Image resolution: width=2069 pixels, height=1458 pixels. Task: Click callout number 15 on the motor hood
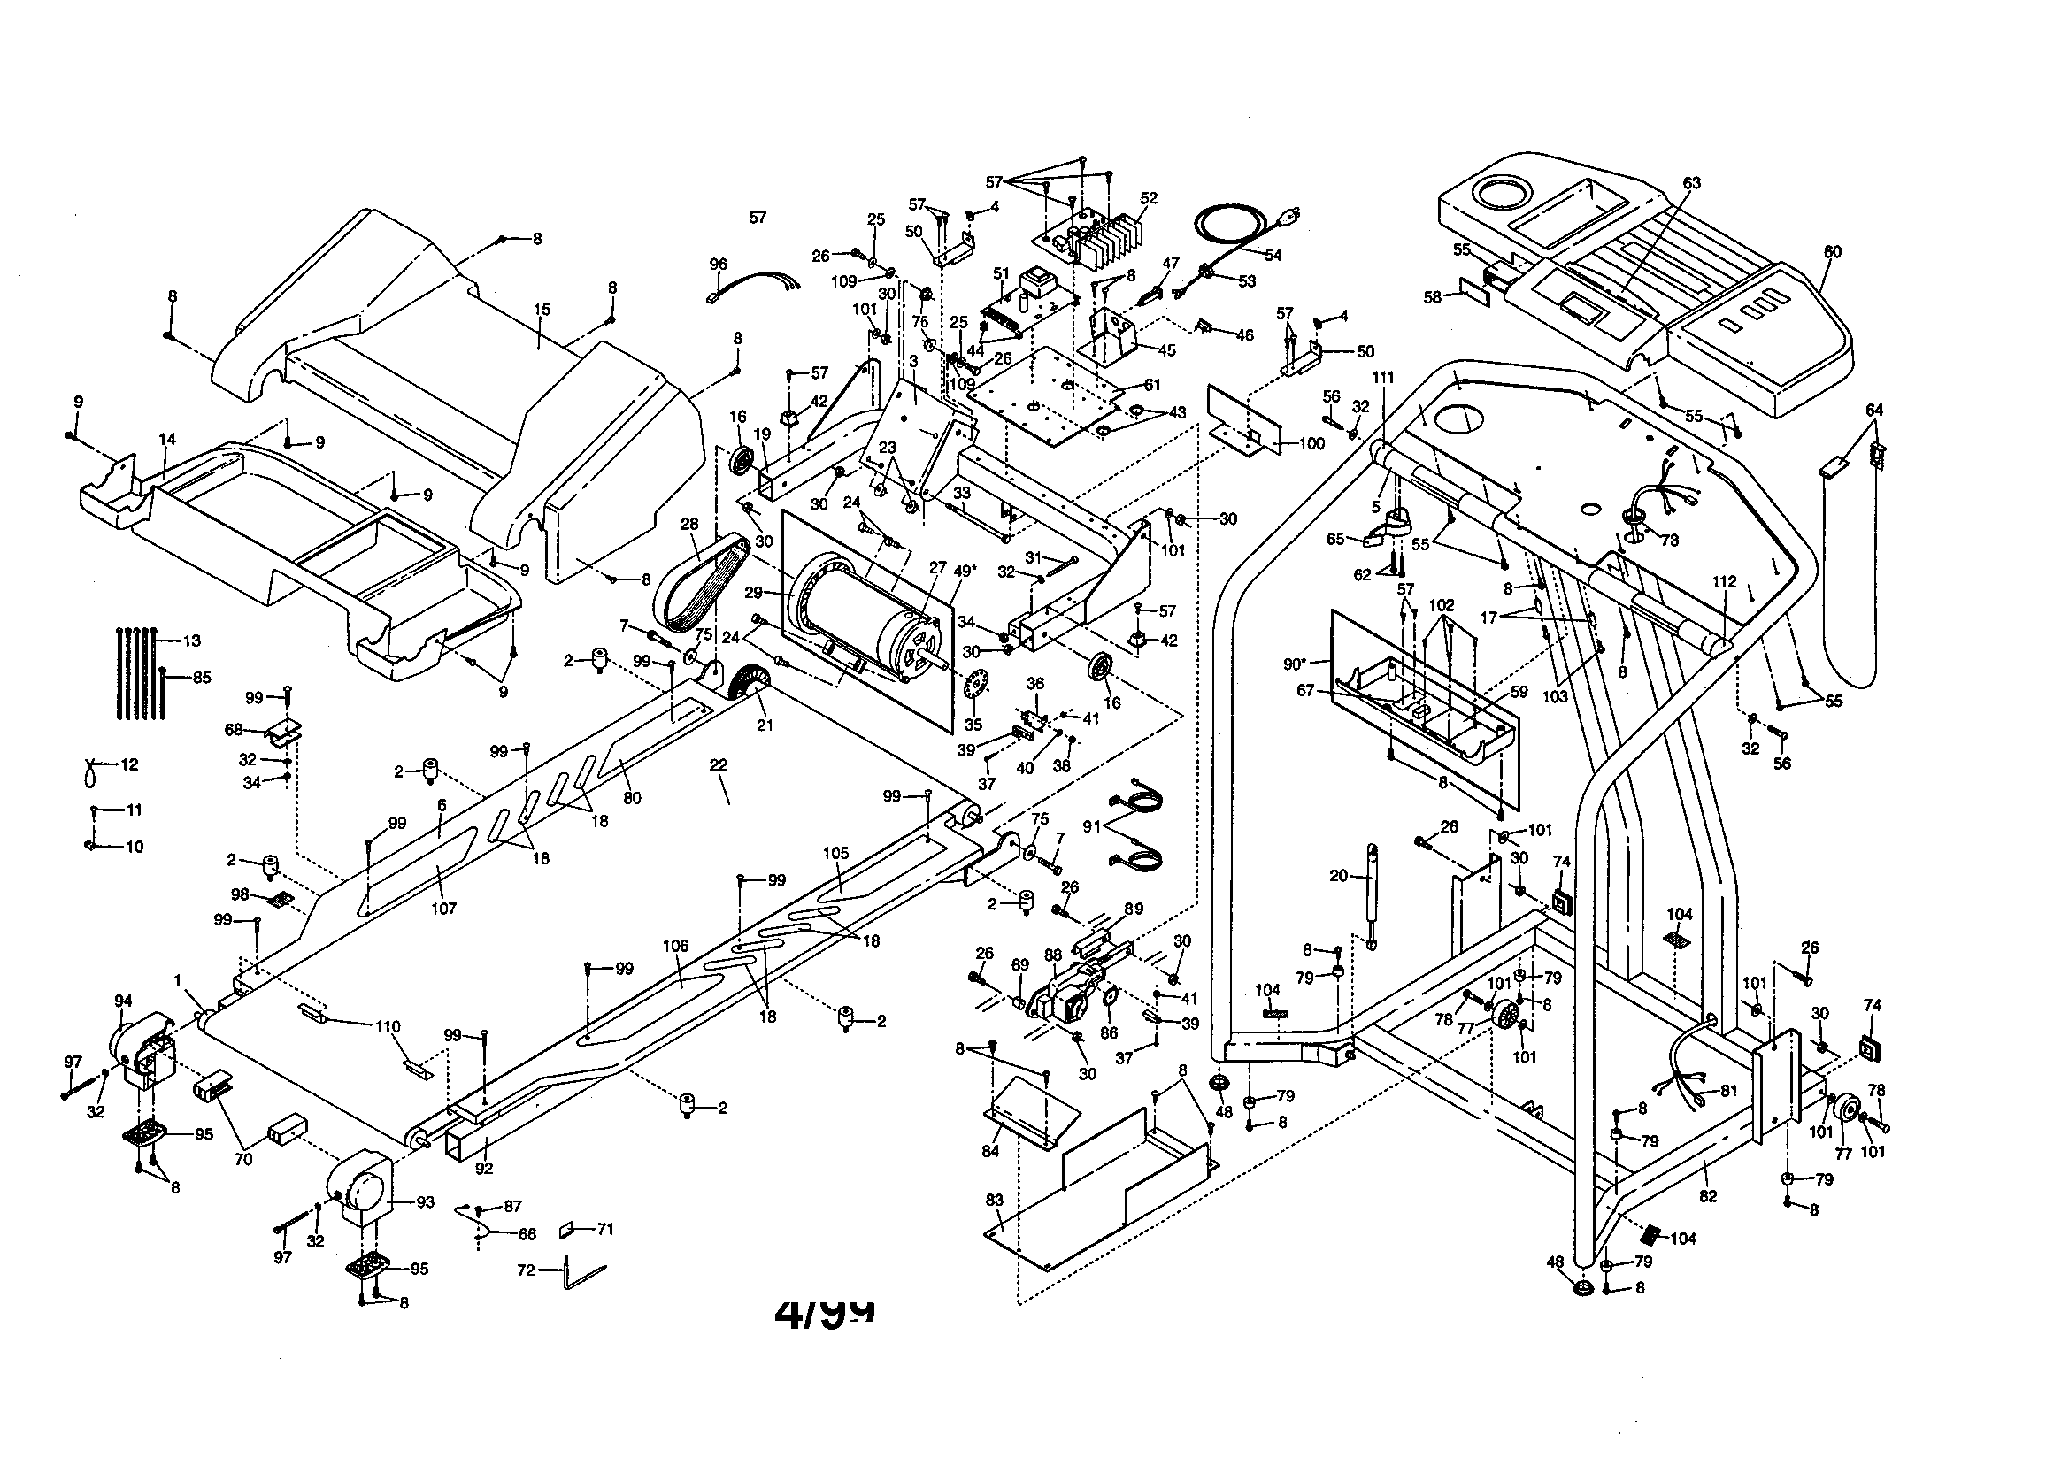(541, 309)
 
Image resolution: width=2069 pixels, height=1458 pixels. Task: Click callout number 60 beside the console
(1832, 252)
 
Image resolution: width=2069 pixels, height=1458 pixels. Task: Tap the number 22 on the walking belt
(718, 765)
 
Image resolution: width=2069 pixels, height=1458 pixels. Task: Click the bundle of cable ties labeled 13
(140, 671)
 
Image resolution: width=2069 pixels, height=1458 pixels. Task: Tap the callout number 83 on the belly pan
(994, 1201)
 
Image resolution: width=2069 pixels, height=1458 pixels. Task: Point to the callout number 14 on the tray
(166, 440)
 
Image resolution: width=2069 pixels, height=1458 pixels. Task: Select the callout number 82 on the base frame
(1707, 1197)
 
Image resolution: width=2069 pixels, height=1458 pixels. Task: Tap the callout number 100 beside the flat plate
(1312, 444)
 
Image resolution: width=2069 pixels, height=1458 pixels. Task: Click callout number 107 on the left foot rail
(443, 909)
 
